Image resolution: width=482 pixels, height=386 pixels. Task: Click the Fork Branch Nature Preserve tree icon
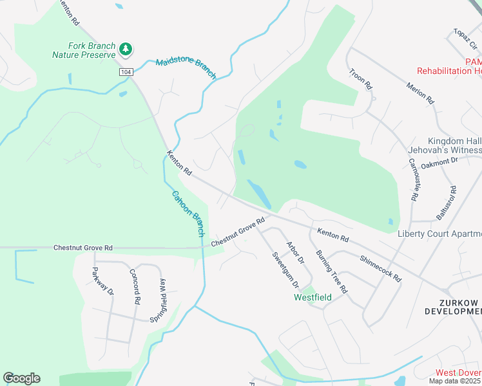pos(126,49)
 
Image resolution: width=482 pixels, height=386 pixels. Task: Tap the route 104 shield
pos(126,72)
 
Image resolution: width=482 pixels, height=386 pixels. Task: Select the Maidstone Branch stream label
pos(186,68)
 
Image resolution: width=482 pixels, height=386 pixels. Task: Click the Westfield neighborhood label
pos(313,298)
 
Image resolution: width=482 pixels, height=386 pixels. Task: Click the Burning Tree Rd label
pos(332,272)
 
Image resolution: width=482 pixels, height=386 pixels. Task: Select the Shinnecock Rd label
pos(381,269)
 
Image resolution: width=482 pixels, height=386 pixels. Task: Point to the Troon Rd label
pos(360,78)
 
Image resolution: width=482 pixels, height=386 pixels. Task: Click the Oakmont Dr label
pos(439,164)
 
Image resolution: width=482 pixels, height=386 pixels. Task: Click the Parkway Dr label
pos(103,281)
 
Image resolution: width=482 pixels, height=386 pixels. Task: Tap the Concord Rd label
pos(135,286)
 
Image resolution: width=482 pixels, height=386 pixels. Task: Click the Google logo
pos(21,378)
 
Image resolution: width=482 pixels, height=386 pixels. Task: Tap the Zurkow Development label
pos(452,307)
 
